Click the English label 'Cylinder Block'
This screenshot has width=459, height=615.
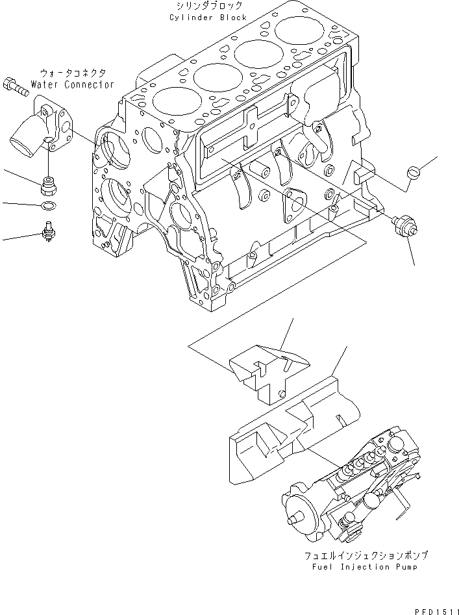click(x=208, y=18)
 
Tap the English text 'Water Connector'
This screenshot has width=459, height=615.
click(x=75, y=84)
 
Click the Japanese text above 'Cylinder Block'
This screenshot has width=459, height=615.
click(x=207, y=6)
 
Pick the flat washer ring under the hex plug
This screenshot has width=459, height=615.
click(x=47, y=207)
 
